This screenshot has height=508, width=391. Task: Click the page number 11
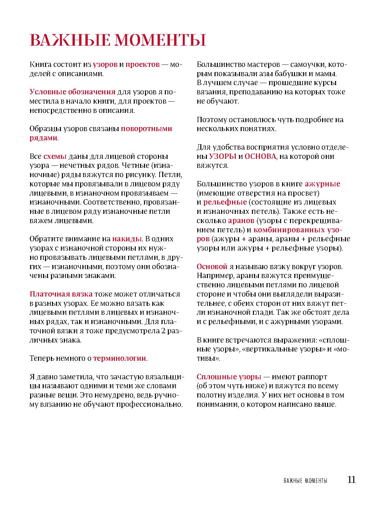[x=351, y=480]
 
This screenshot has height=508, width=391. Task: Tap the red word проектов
[x=142, y=64]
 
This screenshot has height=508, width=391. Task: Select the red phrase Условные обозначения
[x=73, y=92]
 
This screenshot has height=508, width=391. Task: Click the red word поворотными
[x=146, y=128]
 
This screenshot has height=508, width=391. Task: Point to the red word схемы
[x=55, y=156]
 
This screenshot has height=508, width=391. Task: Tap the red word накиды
[x=127, y=239]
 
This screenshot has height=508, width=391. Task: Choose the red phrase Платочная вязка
[x=61, y=294]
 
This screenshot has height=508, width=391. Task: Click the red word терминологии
[x=120, y=358]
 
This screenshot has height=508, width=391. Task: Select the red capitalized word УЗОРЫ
[x=223, y=156]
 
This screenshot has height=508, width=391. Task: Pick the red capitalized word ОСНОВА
[x=260, y=156]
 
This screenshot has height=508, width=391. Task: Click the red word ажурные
[x=322, y=184]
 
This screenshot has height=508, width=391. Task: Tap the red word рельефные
[x=225, y=202]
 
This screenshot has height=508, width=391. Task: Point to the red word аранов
[x=241, y=220]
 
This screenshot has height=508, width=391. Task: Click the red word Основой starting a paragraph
[x=212, y=266]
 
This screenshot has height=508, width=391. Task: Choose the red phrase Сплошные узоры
[x=229, y=377]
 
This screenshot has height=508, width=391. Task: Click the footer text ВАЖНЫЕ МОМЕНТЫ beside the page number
[x=305, y=481]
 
